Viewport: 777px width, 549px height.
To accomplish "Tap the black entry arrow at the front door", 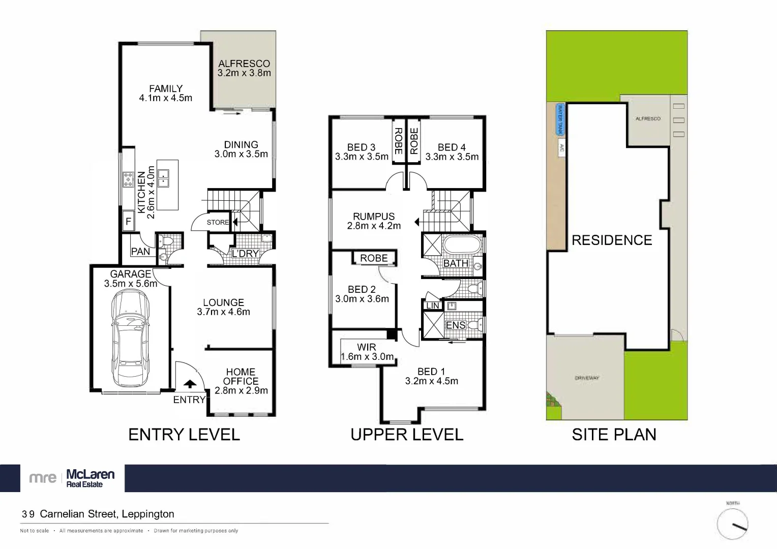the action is [190, 384].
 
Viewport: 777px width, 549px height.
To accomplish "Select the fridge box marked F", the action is [128, 222].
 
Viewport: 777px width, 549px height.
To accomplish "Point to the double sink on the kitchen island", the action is [163, 178].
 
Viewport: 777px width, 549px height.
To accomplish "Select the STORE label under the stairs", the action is [218, 222].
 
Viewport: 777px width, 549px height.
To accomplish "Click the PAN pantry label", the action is [140, 251].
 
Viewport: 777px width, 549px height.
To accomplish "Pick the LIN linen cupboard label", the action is [433, 306].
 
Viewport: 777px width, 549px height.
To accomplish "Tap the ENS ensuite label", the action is [455, 325].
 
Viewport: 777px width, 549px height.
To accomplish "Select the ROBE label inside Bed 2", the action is [374, 258].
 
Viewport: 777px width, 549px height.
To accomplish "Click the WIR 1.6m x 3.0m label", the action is [367, 352].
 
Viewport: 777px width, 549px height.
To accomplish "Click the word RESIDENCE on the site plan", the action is [612, 240].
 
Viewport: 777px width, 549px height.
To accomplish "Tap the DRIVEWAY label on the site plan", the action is [587, 378].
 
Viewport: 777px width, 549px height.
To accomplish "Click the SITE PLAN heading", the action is [614, 434].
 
